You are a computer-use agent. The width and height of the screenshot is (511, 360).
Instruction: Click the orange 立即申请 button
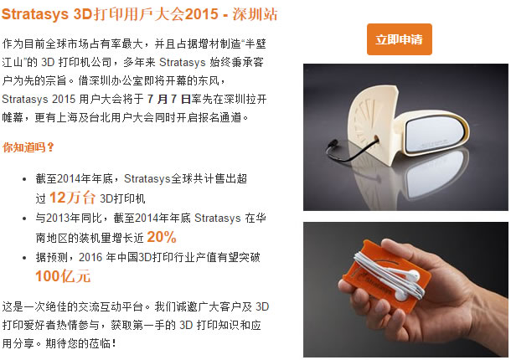[400, 39]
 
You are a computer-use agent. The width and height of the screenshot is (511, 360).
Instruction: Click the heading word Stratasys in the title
[35, 14]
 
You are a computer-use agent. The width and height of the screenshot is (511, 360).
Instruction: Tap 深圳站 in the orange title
[255, 14]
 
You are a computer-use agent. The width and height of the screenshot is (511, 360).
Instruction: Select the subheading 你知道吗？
[28, 147]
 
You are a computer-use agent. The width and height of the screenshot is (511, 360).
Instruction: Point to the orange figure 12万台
[72, 198]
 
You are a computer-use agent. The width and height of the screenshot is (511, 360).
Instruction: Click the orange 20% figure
[162, 237]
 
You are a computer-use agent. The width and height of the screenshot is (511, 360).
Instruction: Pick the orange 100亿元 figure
[63, 276]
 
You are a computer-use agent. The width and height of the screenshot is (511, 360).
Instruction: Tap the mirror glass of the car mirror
[435, 134]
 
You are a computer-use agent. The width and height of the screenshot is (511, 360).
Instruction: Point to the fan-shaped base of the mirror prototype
[371, 124]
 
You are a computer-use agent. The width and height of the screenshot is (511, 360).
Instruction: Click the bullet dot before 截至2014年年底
[24, 179]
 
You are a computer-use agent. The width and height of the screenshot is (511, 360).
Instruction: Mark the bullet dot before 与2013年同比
[24, 219]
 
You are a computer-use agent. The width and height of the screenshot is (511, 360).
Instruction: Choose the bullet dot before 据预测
[24, 258]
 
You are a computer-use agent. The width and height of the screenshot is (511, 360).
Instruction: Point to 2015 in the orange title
[201, 14]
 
